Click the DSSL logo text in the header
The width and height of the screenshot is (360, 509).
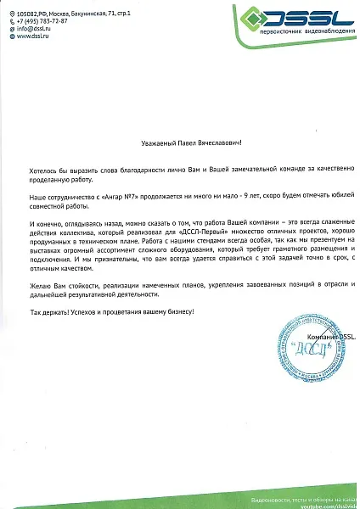coord(313,18)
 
